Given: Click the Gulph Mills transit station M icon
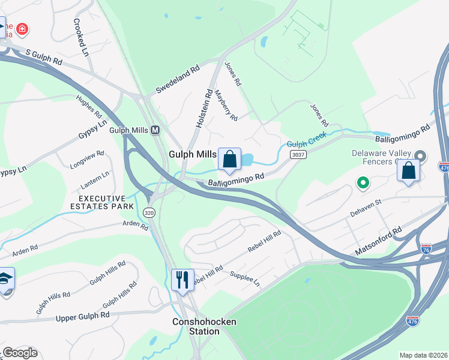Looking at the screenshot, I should tap(155, 130).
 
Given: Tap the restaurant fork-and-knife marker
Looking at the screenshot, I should tap(183, 280).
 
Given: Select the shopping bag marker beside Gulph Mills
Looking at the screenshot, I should tap(229, 159).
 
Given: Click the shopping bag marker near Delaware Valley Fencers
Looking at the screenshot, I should tap(408, 170).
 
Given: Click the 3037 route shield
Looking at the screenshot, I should tap(296, 155).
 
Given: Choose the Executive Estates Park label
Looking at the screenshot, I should tap(104, 202).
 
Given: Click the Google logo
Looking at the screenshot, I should tap(20, 353).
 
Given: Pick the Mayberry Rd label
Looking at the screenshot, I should tap(226, 103).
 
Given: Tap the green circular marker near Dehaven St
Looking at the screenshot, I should tap(363, 182).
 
